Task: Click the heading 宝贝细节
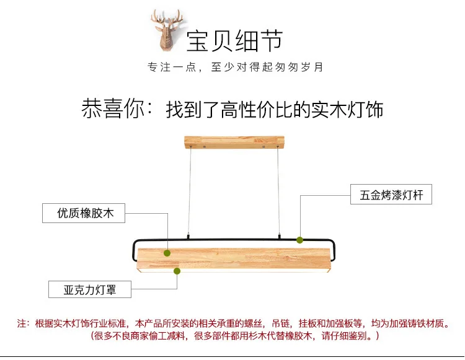tap(234, 40)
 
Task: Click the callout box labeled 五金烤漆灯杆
tap(391, 196)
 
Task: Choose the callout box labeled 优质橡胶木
tap(84, 214)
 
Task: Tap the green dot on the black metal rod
tap(300, 239)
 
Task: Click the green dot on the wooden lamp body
tap(167, 253)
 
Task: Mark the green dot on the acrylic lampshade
tap(177, 271)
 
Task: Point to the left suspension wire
tap(190, 192)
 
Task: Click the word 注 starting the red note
tap(22, 323)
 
